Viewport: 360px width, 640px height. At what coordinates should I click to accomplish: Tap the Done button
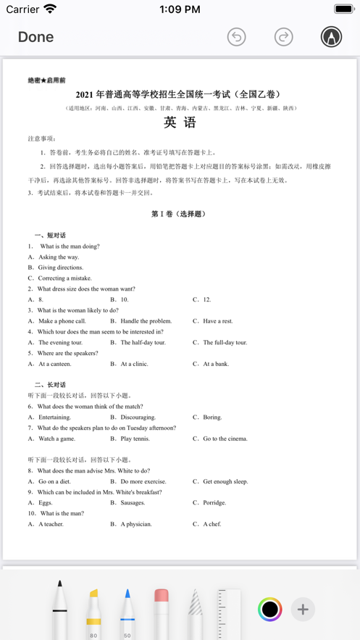point(35,37)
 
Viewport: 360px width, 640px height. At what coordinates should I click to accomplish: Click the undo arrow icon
point(237,37)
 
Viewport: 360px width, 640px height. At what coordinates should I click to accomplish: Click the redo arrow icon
point(283,37)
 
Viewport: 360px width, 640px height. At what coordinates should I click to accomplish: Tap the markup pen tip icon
point(331,37)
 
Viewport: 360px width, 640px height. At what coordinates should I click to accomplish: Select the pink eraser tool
point(162,610)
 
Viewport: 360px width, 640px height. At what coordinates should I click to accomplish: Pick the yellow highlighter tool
point(93,610)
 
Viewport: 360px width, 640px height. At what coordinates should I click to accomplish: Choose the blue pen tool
point(127,610)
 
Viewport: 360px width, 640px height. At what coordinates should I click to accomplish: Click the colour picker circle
point(270,610)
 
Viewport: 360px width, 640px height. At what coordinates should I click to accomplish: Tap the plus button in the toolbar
point(303,610)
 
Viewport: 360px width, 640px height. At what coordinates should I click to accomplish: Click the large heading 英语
point(180,122)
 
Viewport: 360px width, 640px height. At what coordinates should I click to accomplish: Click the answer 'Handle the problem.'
point(146,321)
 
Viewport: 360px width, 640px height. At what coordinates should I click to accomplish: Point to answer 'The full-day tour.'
point(225,342)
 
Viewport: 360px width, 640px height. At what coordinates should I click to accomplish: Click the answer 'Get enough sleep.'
point(225,481)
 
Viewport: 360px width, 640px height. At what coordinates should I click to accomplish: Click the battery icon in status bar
point(343,9)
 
